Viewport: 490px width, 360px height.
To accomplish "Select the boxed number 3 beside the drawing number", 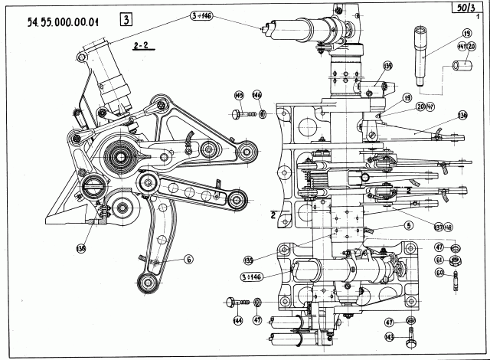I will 125,20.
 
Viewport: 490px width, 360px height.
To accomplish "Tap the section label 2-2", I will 140,46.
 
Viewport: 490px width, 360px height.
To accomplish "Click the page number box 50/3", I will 463,7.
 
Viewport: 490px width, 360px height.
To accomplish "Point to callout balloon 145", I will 238,95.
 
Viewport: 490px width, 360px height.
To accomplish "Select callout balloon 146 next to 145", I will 257,95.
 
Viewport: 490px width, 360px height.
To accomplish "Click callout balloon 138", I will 82,247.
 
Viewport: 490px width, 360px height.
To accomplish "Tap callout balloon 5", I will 409,225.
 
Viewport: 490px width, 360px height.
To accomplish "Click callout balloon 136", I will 462,116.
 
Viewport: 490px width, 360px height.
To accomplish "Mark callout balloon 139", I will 387,66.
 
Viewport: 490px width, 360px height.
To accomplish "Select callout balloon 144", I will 238,321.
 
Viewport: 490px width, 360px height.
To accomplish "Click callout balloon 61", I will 439,260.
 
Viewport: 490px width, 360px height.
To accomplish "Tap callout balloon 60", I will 439,272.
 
